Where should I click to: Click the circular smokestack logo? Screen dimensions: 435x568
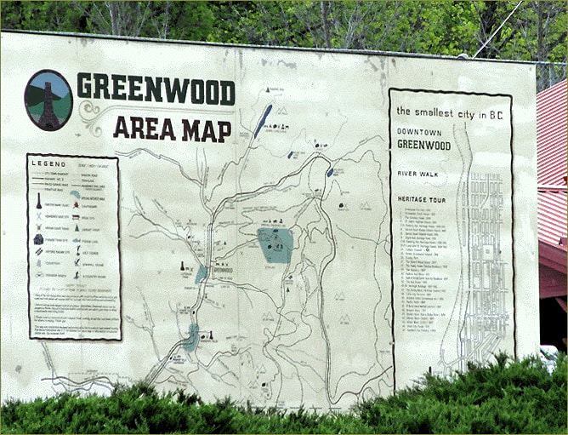[x=48, y=100]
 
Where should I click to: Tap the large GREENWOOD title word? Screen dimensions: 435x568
[x=155, y=89]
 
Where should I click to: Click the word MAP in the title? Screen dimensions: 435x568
[x=205, y=130]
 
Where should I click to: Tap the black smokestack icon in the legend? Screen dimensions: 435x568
[x=39, y=201]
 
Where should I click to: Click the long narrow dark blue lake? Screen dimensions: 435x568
[x=263, y=121]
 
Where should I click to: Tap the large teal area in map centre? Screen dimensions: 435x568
[x=275, y=244]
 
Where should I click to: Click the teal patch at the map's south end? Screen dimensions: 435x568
[x=191, y=337]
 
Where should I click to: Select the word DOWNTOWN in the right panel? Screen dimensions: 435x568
[x=423, y=132]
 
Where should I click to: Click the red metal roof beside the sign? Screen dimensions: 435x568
[x=552, y=170]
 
